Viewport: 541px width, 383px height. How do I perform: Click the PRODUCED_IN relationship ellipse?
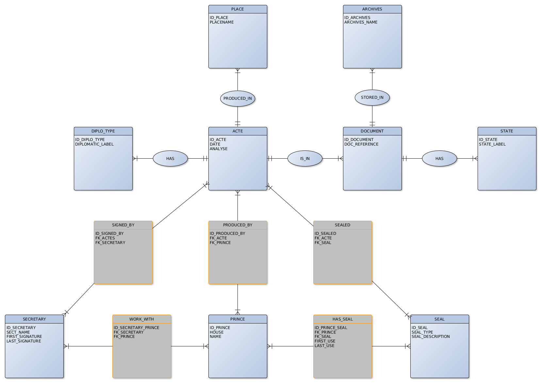point(238,98)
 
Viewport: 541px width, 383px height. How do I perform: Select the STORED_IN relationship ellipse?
point(372,97)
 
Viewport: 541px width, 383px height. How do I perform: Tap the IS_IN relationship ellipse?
point(305,159)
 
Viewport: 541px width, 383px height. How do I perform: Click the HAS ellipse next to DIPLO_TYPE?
point(170,159)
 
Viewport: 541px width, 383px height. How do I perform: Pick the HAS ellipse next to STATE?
point(439,159)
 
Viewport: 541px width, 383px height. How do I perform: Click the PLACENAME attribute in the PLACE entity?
point(222,22)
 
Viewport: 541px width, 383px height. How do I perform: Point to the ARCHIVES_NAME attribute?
point(361,22)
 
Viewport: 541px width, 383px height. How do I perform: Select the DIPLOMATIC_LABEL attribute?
point(94,144)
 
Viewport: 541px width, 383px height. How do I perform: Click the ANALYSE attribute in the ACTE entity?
point(219,149)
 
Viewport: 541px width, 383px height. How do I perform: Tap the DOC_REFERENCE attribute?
point(361,144)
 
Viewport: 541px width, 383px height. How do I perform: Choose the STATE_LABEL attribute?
point(492,144)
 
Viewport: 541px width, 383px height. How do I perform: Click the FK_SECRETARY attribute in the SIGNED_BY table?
point(110,243)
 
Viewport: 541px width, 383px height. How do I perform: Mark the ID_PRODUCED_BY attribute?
point(227,234)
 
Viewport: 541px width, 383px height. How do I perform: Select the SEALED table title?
point(342,225)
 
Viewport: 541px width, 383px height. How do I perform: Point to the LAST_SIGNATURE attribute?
point(24,341)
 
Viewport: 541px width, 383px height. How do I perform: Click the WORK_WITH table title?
point(141,319)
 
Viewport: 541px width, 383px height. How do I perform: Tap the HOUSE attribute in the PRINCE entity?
point(217,332)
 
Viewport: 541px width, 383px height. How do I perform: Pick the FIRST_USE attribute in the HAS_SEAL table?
point(325,341)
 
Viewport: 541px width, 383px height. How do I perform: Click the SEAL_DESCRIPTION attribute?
point(431,337)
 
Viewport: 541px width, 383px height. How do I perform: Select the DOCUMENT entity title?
point(372,131)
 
